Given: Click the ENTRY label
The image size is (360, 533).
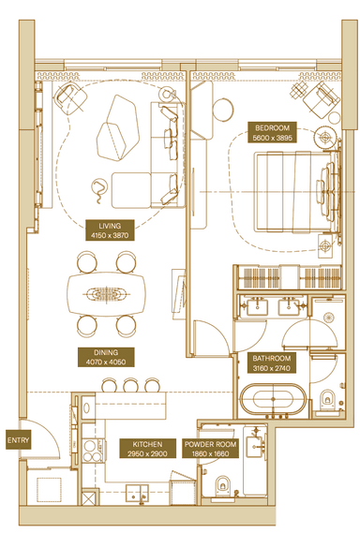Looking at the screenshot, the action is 19,440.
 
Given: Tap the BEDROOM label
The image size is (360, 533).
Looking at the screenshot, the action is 272,128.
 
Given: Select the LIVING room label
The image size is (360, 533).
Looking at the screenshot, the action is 110,226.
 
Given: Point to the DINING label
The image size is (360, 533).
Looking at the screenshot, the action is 106,352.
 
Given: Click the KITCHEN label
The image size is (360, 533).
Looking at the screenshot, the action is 147,444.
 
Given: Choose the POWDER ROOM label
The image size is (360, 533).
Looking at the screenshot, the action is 210,444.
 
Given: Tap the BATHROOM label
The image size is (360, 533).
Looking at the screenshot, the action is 272,358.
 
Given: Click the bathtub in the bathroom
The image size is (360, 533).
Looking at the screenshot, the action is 273,399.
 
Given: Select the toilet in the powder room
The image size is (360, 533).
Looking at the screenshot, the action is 222,486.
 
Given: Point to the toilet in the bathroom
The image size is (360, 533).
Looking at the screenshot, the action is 327,400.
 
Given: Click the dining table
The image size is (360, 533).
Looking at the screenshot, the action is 106,293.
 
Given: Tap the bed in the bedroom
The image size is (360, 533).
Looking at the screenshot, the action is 296,192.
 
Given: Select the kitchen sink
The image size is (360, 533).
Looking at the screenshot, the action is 137,493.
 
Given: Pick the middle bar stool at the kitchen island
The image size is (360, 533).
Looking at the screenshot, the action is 130,385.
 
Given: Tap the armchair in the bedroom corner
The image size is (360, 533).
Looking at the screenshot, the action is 322,97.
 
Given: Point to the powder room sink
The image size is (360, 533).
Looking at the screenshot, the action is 256,444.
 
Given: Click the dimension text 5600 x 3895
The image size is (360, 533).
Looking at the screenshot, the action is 272,138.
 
